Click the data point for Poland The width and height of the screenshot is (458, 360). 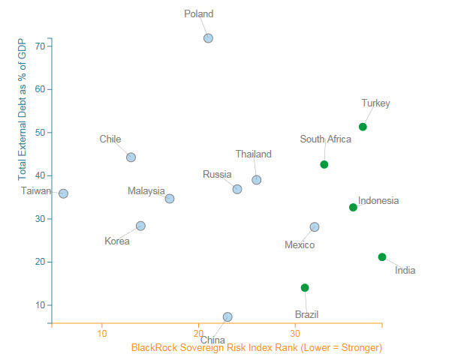[x=208, y=38]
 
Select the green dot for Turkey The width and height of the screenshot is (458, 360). [x=363, y=127]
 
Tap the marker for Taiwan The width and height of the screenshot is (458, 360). [x=63, y=193]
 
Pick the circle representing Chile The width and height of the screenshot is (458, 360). [x=131, y=157]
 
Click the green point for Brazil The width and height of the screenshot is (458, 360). [x=305, y=288]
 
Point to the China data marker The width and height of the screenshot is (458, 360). [x=227, y=317]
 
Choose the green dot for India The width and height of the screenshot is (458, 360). [x=382, y=257]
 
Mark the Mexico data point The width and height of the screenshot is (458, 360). [x=315, y=227]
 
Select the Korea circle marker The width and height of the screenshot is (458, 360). [x=140, y=226]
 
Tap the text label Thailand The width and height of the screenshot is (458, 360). [x=253, y=154]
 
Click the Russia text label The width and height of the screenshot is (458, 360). [x=217, y=175]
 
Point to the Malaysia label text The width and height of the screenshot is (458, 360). [x=146, y=191]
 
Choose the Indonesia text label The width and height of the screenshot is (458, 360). [x=378, y=201]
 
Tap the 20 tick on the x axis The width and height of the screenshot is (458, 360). [x=198, y=333]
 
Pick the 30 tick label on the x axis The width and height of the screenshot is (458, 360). [x=295, y=333]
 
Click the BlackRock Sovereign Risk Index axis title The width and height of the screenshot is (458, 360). [x=257, y=348]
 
